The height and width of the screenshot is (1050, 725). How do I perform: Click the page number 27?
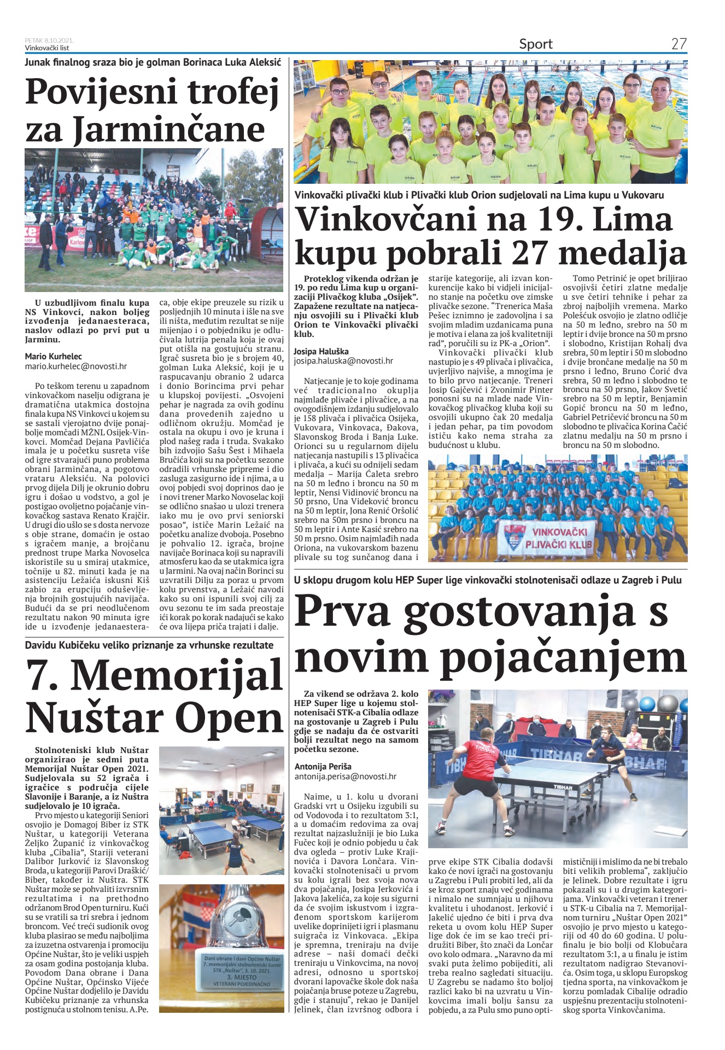[x=679, y=44]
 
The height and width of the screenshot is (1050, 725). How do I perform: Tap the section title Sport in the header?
[x=536, y=44]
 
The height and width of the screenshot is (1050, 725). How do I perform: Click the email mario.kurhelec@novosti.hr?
[x=76, y=366]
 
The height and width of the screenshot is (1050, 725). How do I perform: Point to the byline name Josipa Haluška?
[x=321, y=351]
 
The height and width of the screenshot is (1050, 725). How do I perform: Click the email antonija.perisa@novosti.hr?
[x=346, y=776]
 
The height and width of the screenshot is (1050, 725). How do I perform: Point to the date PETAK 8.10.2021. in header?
[x=49, y=40]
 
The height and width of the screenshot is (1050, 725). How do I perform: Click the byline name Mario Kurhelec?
[x=54, y=357]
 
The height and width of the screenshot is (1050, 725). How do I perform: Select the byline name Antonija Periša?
[x=323, y=766]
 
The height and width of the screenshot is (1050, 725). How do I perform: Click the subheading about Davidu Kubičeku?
[x=149, y=645]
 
